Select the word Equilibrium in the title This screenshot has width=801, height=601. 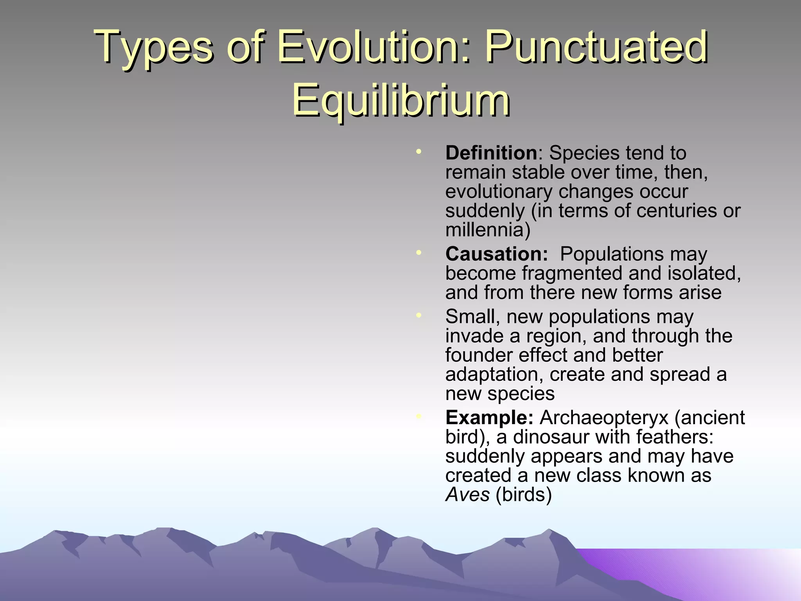pyautogui.click(x=400, y=101)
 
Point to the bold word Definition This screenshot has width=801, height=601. pyautogui.click(x=491, y=153)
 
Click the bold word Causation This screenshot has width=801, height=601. pyautogui.click(x=496, y=254)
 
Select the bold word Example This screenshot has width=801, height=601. pyautogui.click(x=489, y=418)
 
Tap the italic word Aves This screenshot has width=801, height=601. pyautogui.click(x=467, y=495)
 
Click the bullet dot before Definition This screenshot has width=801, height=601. pyautogui.click(x=418, y=151)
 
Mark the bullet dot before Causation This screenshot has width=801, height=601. pyautogui.click(x=418, y=252)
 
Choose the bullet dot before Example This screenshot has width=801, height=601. pyautogui.click(x=418, y=416)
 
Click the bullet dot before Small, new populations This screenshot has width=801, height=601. pyautogui.click(x=418, y=315)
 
